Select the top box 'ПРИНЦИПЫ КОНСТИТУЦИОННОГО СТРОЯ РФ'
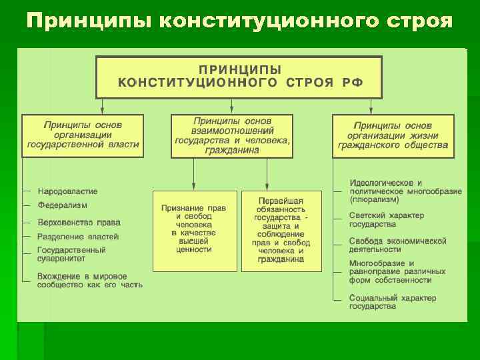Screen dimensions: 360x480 pyautogui.click(x=239, y=77)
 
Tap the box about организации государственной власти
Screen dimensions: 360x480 pyautogui.click(x=83, y=135)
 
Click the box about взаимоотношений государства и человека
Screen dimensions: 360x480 pyautogui.click(x=231, y=135)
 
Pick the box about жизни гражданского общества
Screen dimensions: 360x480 pyautogui.click(x=393, y=135)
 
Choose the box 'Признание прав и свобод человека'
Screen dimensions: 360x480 pyautogui.click(x=194, y=231)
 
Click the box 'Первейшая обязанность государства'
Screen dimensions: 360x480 pyautogui.click(x=281, y=231)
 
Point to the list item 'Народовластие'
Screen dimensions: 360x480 pyautogui.click(x=67, y=191)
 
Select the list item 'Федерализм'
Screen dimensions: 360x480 pyautogui.click(x=63, y=206)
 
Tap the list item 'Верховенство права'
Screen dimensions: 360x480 pyautogui.click(x=79, y=222)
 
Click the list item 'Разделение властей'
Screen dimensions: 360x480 pyautogui.click(x=78, y=237)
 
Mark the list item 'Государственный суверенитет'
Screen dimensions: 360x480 pyautogui.click(x=71, y=255)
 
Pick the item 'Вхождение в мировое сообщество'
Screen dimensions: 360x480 pyautogui.click(x=90, y=281)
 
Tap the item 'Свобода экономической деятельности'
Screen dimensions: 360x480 pyautogui.click(x=397, y=245)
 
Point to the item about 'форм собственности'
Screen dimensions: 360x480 pyautogui.click(x=397, y=272)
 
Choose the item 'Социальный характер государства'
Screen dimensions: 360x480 pyautogui.click(x=393, y=302)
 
